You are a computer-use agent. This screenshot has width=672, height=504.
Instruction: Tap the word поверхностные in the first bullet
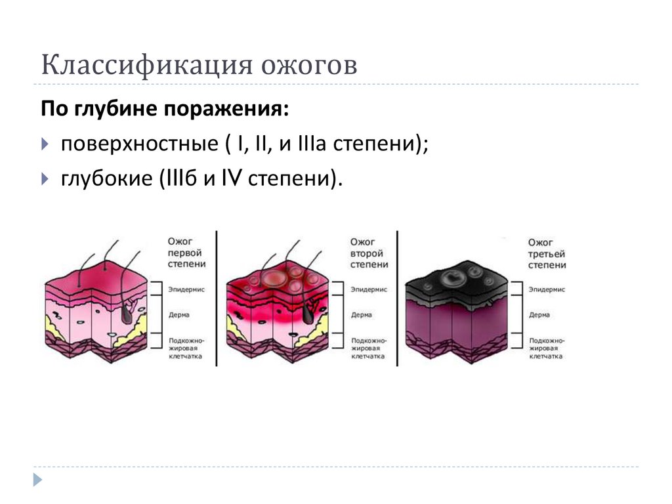142,143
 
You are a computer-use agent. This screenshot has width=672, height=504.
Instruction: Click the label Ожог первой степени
186,253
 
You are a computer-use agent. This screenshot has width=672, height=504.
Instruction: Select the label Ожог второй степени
368,253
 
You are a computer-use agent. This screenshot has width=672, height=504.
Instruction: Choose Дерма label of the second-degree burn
362,315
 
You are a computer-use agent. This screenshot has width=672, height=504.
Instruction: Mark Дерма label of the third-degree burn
539,315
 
